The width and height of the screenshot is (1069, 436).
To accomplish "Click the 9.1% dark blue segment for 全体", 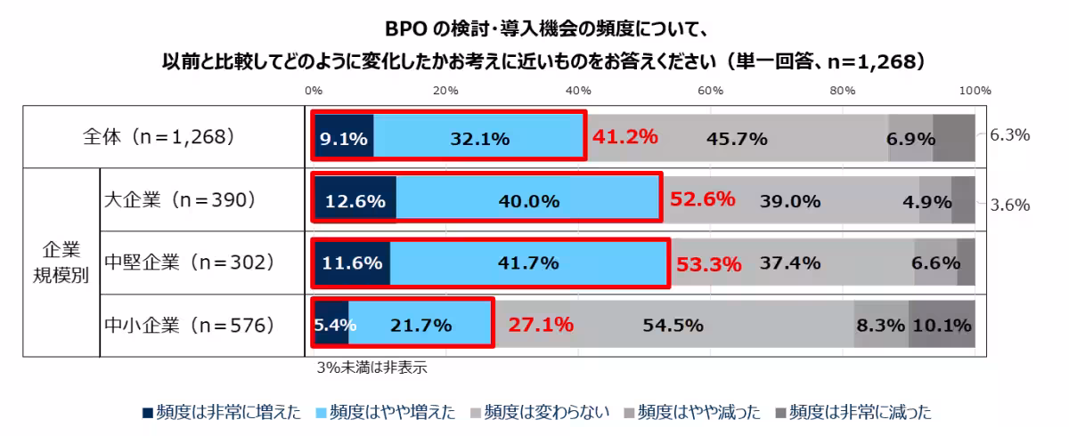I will click(x=343, y=138).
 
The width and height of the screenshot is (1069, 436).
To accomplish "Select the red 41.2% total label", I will click(x=624, y=137).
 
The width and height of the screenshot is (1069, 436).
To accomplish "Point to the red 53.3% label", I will click(x=709, y=263).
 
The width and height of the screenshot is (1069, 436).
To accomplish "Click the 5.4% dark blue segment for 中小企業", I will click(x=331, y=326).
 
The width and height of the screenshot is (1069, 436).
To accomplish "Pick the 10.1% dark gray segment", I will click(x=942, y=326).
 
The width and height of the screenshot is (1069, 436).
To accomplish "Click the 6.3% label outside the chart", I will click(x=1009, y=135).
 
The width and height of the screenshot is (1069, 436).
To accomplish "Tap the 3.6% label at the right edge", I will click(x=1009, y=204).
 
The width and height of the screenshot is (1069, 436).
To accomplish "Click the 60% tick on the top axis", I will click(x=710, y=91).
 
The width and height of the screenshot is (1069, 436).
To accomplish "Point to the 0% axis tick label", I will click(x=314, y=91).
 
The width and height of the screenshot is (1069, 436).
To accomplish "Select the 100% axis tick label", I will click(x=975, y=91).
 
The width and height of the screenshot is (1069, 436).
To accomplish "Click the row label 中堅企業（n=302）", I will click(x=188, y=262).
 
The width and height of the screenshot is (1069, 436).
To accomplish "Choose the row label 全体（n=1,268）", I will click(x=158, y=137).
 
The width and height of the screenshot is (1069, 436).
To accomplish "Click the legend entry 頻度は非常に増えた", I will click(x=223, y=412).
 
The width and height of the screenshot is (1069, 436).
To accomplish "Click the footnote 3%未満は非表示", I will click(x=363, y=365).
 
